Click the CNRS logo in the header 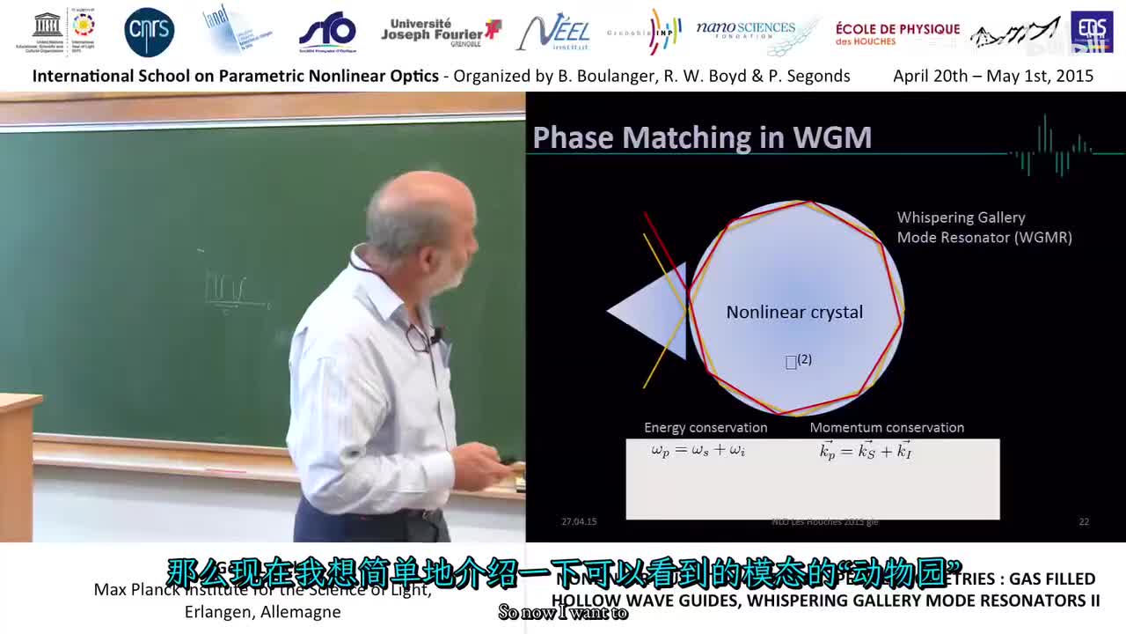tap(150, 33)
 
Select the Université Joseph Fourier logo tap(440, 32)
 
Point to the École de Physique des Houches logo tap(897, 33)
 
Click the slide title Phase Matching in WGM tap(702, 137)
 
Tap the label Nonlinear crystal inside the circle tap(794, 312)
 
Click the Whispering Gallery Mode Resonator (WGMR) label tap(983, 227)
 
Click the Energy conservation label tap(706, 427)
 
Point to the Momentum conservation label tap(887, 427)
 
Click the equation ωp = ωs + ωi tap(698, 451)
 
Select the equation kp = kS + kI tap(866, 451)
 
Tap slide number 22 tap(1084, 521)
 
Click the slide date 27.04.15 tap(579, 521)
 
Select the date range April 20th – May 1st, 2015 tap(993, 76)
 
